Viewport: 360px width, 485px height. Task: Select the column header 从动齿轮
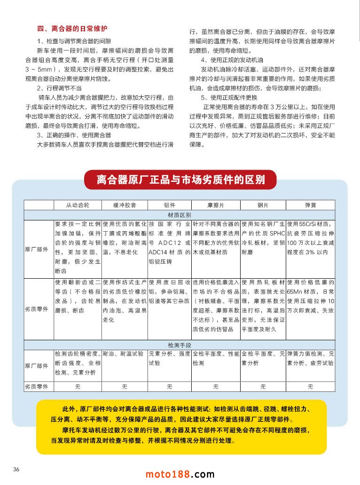pos(78,206)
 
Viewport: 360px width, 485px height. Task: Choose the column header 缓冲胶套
pos(124,206)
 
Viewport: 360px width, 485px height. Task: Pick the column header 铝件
pos(170,206)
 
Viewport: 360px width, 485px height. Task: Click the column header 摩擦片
pos(216,206)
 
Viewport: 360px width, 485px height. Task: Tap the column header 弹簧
pos(310,206)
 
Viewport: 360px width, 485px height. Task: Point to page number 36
pos(16,469)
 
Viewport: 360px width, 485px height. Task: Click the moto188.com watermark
pos(180,474)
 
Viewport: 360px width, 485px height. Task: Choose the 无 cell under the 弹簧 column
pos(310,386)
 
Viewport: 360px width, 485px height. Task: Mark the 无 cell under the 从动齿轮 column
pos(78,386)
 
